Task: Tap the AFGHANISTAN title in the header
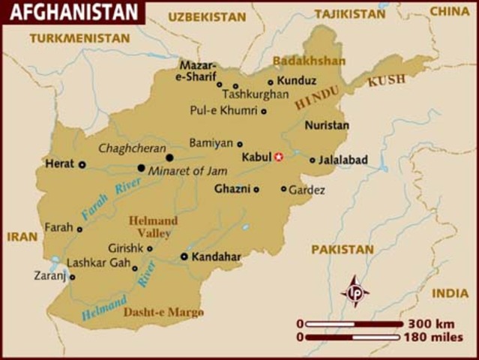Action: pyautogui.click(x=72, y=12)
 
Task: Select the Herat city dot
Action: pyautogui.click(x=82, y=164)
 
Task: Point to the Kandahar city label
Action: pyautogui.click(x=216, y=256)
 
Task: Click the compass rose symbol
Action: pyautogui.click(x=355, y=291)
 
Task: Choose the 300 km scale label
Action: pyautogui.click(x=430, y=324)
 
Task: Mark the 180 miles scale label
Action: pyautogui.click(x=434, y=337)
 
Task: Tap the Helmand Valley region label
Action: pyautogui.click(x=153, y=226)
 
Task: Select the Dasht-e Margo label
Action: pyautogui.click(x=163, y=311)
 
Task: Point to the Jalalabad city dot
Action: pyautogui.click(x=313, y=160)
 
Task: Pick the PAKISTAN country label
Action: pyautogui.click(x=343, y=249)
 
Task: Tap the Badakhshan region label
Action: pyautogui.click(x=309, y=61)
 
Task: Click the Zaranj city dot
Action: pyautogui.click(x=72, y=277)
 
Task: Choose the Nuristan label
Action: pyautogui.click(x=326, y=125)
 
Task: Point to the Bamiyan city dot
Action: pyautogui.click(x=240, y=144)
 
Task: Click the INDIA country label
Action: pyautogui.click(x=450, y=293)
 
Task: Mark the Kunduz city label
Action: pyautogui.click(x=296, y=80)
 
